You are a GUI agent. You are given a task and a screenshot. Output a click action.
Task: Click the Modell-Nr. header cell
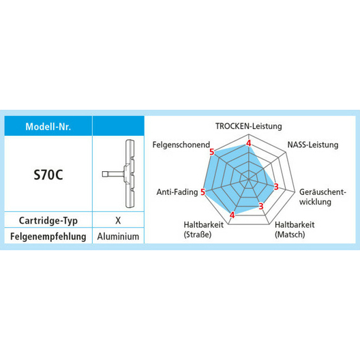(48, 127)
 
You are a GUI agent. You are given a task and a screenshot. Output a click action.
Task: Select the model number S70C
(48, 175)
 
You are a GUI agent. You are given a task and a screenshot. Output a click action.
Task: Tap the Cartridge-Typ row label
(48, 221)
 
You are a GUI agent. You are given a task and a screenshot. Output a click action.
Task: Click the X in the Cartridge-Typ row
(118, 220)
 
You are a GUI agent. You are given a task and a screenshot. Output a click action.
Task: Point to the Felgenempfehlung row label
(48, 236)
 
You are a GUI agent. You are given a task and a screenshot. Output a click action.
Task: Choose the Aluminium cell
(118, 236)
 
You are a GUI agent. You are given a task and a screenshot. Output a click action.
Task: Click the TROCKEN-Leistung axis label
(249, 126)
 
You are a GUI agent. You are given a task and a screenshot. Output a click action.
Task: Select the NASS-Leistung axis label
(313, 145)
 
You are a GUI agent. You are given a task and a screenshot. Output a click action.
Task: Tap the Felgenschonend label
(181, 145)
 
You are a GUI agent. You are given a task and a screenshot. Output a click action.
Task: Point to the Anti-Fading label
(177, 192)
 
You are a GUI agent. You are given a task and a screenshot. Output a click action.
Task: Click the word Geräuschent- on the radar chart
(322, 192)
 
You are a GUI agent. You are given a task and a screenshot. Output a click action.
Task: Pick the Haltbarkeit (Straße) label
(203, 230)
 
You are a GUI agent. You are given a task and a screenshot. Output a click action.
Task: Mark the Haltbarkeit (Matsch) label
(295, 230)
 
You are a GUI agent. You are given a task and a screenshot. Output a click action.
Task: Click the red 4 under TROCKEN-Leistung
(249, 143)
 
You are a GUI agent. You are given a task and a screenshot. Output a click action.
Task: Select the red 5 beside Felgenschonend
(211, 152)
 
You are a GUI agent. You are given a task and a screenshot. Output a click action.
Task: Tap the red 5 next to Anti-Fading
(202, 192)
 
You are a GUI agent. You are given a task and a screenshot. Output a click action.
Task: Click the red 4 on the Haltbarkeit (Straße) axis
(232, 215)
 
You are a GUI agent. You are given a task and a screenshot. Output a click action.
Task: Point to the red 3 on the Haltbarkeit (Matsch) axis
(261, 206)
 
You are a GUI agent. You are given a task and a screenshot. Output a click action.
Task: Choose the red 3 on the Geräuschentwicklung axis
(276, 187)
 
